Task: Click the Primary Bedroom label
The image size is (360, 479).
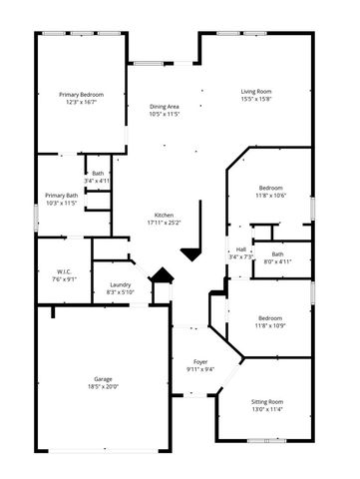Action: coord(82,94)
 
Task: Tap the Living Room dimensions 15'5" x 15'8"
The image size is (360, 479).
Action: coord(256,100)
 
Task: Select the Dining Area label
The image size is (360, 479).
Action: coord(165,107)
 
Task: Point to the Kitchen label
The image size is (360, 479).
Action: coord(164,215)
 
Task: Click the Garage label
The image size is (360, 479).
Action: coord(103,379)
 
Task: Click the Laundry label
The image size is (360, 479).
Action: coord(120,284)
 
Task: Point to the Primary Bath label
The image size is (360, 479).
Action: coord(62,196)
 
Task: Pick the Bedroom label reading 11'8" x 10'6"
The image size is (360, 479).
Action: coord(271,188)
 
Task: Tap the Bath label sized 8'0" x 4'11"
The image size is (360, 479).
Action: coord(277,254)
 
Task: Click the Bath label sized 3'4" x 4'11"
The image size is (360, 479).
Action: coord(98,174)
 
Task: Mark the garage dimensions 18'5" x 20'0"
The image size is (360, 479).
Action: coord(103,387)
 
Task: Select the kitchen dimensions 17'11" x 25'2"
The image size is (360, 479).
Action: coord(164,223)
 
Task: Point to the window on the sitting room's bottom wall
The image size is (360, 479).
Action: coord(262,440)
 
